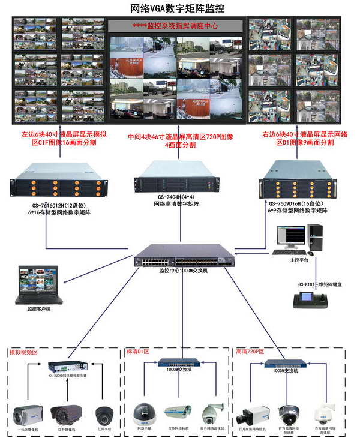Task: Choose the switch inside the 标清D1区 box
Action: [x=179, y=362]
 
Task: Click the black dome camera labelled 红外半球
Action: [x=103, y=415]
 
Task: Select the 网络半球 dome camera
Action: [x=143, y=413]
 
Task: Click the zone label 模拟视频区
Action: [x=23, y=352]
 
